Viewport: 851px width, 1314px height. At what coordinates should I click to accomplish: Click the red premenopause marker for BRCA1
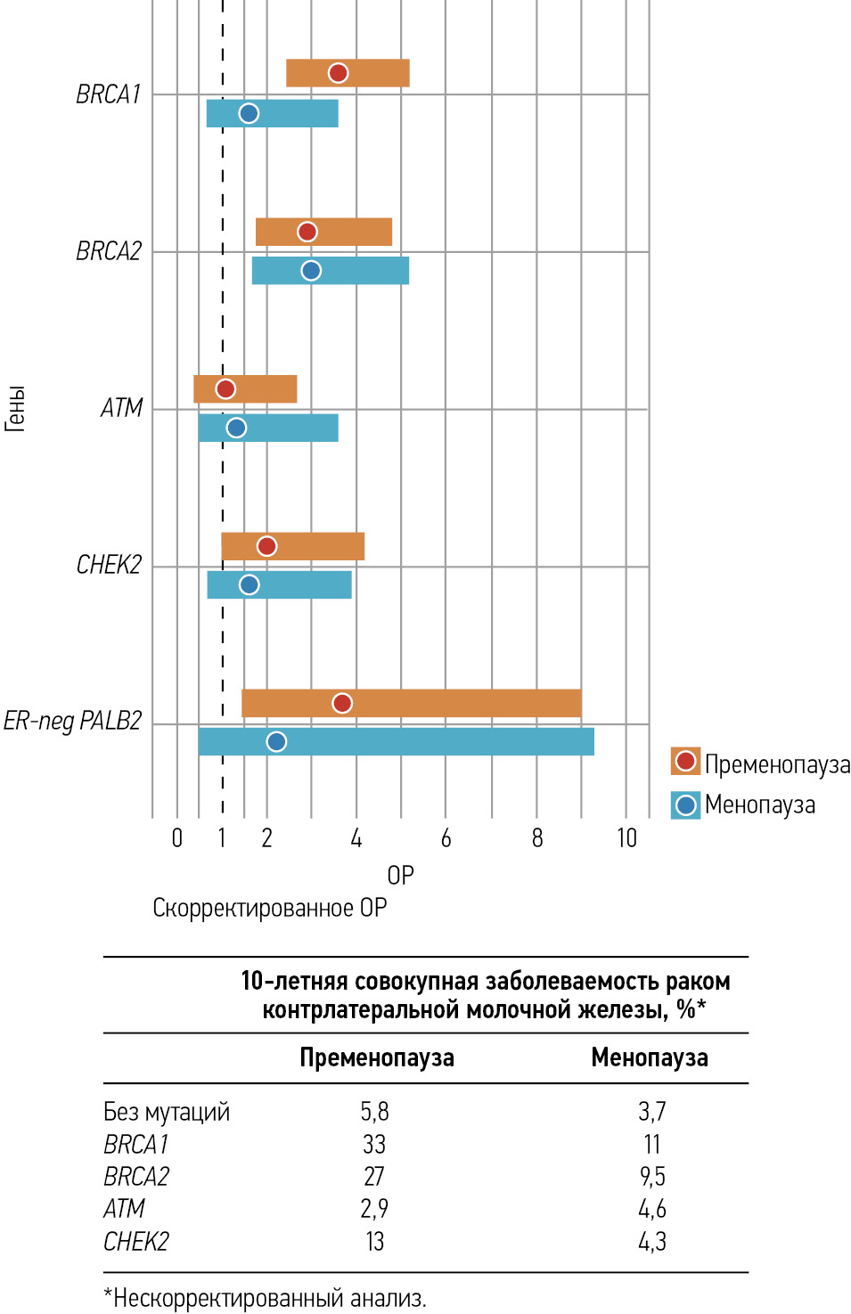[338, 73]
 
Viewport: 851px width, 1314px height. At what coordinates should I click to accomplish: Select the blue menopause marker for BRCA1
[249, 113]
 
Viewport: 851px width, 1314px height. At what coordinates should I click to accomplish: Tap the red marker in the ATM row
[225, 389]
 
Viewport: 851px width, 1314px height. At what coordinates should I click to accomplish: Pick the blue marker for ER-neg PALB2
[276, 741]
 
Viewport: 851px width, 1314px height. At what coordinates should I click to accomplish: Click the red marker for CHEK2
[266, 546]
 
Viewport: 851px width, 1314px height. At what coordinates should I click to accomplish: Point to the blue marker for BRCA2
[311, 271]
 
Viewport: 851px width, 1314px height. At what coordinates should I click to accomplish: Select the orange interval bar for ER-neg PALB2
[463, 703]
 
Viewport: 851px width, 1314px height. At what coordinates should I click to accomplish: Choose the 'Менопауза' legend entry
[759, 804]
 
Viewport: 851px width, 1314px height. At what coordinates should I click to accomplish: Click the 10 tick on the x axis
[626, 838]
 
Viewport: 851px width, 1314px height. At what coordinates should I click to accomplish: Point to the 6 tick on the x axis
[446, 838]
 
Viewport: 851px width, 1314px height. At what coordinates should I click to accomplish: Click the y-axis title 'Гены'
[15, 409]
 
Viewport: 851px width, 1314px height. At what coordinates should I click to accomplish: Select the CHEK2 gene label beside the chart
[109, 565]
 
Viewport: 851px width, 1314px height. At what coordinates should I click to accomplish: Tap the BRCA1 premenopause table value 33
[374, 1144]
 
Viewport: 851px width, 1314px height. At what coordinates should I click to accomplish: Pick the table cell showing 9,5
[652, 1176]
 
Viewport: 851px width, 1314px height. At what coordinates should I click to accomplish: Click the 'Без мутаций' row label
[167, 1112]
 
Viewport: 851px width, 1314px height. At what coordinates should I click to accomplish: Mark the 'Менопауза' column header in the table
[650, 1057]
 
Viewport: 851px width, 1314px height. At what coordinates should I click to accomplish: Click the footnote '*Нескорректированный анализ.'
[266, 1298]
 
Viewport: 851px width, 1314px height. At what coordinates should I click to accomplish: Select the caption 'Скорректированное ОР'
[269, 908]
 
